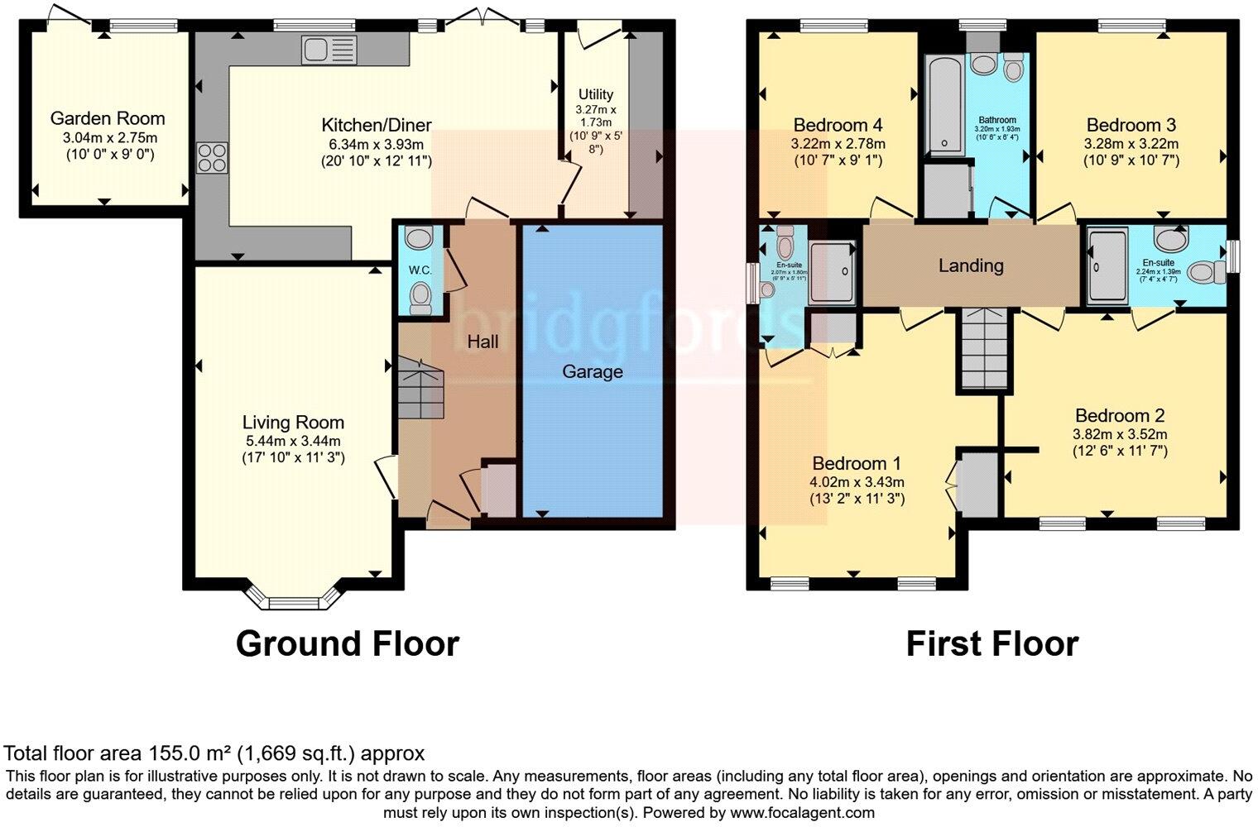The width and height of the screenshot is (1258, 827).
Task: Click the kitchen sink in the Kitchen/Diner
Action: (x=329, y=50)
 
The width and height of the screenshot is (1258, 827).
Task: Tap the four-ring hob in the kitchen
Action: (x=212, y=157)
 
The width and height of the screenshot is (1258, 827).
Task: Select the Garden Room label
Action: (x=108, y=118)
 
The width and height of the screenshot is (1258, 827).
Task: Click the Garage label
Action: (x=592, y=371)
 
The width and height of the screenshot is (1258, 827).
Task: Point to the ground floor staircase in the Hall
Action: (x=420, y=389)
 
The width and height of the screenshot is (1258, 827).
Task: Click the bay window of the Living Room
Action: (x=294, y=600)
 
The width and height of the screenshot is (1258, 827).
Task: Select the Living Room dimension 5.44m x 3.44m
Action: (x=293, y=441)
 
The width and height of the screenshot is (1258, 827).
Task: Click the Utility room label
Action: (x=596, y=94)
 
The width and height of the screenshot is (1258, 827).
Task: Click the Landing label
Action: (x=971, y=265)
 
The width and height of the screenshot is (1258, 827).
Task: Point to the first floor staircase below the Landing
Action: (x=985, y=347)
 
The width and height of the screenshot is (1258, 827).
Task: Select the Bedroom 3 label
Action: (x=1131, y=125)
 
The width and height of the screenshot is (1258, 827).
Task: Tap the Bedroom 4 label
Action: (x=838, y=125)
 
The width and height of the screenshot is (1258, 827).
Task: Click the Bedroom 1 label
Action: (x=857, y=463)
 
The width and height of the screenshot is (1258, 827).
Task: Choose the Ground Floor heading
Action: (x=347, y=643)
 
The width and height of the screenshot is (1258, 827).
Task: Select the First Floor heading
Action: (x=992, y=643)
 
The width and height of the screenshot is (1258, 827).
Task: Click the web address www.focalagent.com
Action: (x=802, y=812)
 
